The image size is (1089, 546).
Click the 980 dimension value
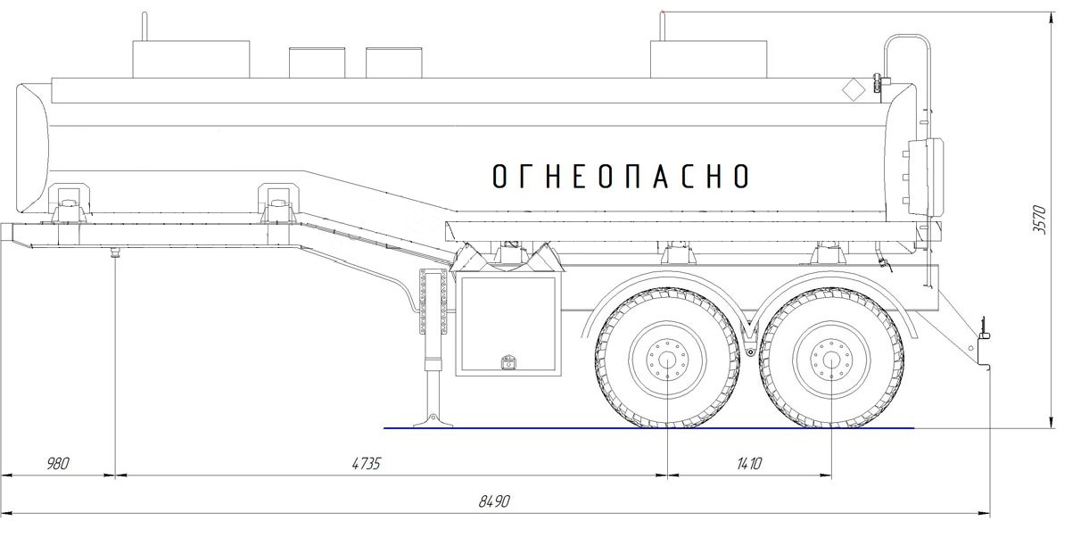tap(58, 463)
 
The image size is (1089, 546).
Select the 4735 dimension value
tap(366, 463)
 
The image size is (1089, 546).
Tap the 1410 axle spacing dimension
tap(749, 463)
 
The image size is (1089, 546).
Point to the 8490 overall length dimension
tap(494, 501)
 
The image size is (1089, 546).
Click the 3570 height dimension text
tap(1038, 219)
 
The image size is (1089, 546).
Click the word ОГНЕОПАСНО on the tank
tap(621, 176)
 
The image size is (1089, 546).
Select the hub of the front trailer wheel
tap(667, 360)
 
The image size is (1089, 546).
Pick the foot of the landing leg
tap(433, 421)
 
